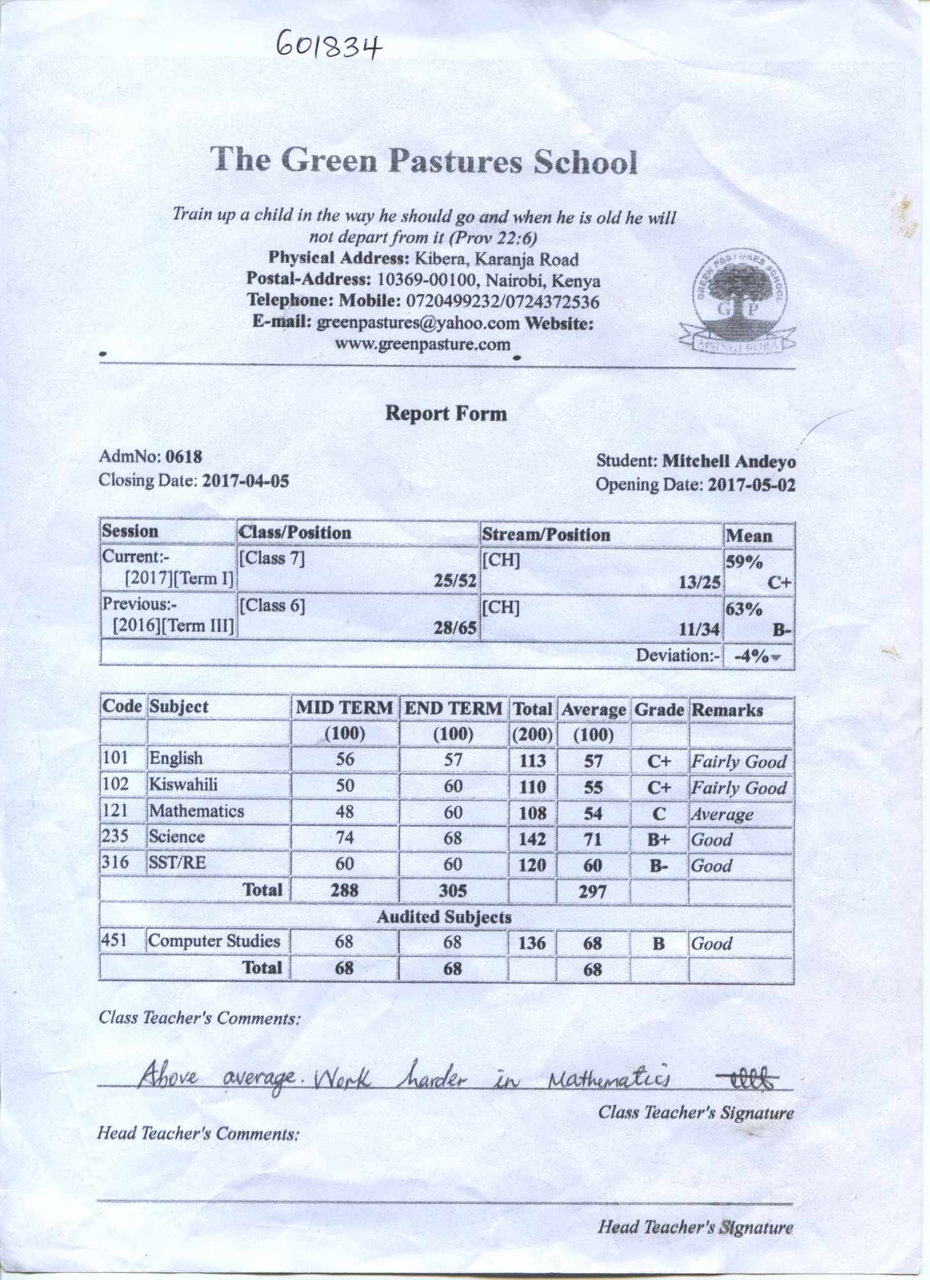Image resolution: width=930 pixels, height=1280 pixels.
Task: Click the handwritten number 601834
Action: pos(329,46)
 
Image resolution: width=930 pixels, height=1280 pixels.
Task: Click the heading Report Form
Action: pos(445,413)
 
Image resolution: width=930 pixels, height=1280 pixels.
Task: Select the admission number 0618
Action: pos(184,457)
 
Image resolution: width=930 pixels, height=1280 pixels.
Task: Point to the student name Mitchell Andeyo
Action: pos(728,461)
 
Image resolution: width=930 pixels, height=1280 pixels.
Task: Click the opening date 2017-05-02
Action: pos(751,485)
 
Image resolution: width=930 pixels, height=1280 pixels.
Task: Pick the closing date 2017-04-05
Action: pos(245,481)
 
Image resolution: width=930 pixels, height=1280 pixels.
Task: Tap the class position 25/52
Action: pos(455,581)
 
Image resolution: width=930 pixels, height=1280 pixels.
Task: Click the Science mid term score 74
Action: pos(344,838)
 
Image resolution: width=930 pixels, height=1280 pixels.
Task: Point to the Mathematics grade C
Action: pos(658,814)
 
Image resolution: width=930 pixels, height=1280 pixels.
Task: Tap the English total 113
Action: pos(532,761)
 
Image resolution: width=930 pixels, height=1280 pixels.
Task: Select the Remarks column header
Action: pos(727,710)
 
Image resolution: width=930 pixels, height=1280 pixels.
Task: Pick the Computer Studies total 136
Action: pos(532,943)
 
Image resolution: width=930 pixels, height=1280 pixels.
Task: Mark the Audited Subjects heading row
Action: pos(444,917)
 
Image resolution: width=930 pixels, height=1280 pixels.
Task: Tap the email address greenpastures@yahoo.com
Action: pos(418,323)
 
